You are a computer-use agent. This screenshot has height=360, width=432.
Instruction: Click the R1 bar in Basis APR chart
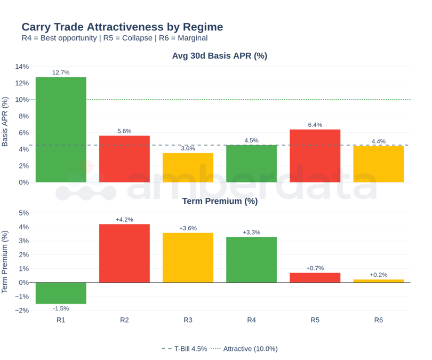click(x=61, y=130)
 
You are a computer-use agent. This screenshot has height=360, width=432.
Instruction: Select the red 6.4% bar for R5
click(x=315, y=156)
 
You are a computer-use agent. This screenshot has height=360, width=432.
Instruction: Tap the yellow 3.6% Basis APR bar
click(x=188, y=167)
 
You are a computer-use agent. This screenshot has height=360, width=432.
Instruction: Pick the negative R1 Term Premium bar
click(x=61, y=293)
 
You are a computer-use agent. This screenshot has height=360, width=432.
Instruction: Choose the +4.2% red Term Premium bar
click(x=124, y=253)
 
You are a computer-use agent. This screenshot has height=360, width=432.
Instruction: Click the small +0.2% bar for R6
click(x=378, y=281)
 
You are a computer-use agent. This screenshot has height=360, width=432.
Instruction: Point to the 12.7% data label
click(x=61, y=73)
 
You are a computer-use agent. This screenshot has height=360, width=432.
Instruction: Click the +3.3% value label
click(x=251, y=233)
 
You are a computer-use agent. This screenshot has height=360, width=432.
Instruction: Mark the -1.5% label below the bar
click(x=61, y=308)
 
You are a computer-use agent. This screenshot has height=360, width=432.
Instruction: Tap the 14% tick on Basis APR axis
click(x=22, y=67)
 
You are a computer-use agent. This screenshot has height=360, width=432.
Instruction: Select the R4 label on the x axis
click(x=251, y=320)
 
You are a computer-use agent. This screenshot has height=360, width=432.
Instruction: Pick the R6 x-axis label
click(x=378, y=320)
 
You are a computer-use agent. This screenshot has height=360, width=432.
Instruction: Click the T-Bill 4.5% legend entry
click(x=185, y=349)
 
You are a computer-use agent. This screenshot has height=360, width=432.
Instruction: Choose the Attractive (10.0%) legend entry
click(x=245, y=349)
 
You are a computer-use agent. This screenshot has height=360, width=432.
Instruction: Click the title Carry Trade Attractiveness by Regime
click(x=122, y=27)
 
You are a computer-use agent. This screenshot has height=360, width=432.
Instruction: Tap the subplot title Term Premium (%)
click(x=220, y=201)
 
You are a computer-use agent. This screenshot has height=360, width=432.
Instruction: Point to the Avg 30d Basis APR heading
click(x=220, y=56)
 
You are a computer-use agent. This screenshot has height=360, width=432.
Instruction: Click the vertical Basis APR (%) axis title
click(x=5, y=122)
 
